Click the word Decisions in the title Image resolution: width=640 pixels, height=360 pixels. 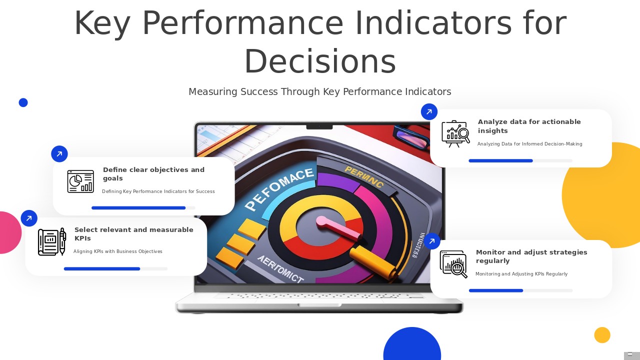(x=320, y=62)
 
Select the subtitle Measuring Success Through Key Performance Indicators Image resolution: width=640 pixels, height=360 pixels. (x=319, y=92)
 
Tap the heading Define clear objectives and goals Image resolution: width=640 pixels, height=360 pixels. (x=153, y=174)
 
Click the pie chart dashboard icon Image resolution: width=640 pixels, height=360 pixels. (x=80, y=181)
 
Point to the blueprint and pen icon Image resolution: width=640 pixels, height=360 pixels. (x=52, y=242)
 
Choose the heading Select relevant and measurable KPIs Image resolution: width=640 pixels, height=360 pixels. (x=133, y=234)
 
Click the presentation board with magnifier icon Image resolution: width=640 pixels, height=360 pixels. (x=455, y=134)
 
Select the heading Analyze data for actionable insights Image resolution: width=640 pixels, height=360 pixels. (x=529, y=126)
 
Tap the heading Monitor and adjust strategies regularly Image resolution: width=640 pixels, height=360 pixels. (x=531, y=256)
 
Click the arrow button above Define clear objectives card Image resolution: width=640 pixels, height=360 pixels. (x=59, y=154)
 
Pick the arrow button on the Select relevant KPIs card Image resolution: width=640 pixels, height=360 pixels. (x=29, y=218)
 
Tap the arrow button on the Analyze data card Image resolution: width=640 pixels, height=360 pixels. (x=429, y=112)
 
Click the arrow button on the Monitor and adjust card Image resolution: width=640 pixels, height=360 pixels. (x=432, y=241)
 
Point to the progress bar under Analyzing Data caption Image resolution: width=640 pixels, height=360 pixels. (x=520, y=161)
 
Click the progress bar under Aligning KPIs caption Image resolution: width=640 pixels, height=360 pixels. (x=115, y=269)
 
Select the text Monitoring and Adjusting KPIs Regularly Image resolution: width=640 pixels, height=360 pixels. (x=521, y=274)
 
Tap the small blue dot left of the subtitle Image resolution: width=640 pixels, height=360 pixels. (x=23, y=102)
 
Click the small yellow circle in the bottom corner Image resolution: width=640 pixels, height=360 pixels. (x=602, y=335)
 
